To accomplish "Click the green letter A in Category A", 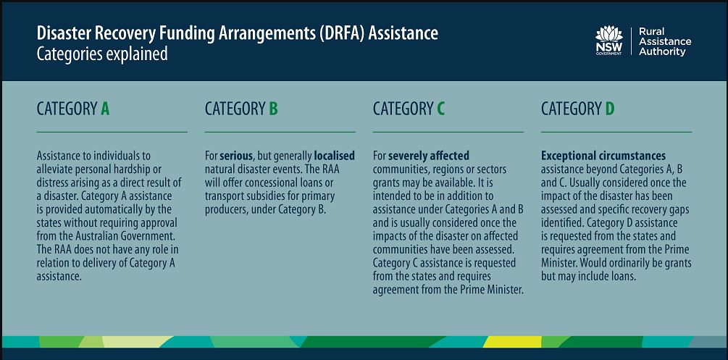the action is click(105, 109).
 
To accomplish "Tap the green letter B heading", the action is click(274, 109).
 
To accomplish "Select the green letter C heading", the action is click(440, 109).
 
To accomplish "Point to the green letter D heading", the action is click(610, 109).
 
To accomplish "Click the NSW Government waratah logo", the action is click(608, 41).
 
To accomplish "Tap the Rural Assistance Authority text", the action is click(665, 41).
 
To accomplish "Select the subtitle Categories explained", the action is click(102, 54).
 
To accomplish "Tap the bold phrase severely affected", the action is click(429, 155).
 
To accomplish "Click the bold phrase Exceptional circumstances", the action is click(603, 155).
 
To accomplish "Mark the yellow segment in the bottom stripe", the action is click(512, 342).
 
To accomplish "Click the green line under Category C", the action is click(448, 132).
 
